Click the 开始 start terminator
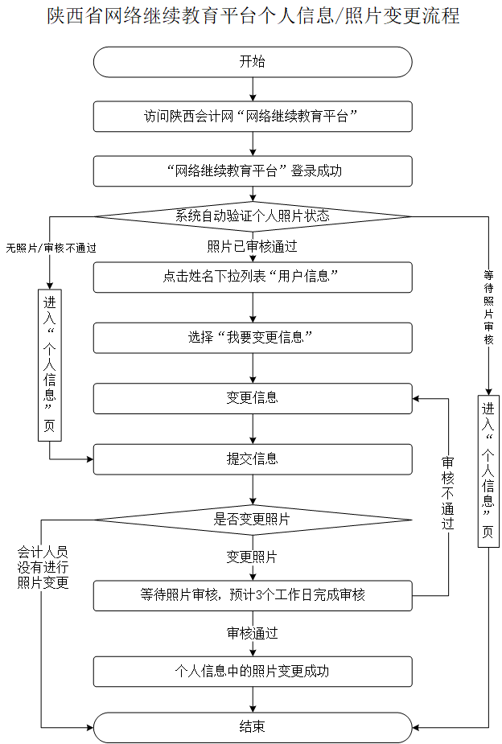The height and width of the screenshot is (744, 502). coord(253,62)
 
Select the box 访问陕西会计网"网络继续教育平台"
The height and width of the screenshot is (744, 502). coord(253,116)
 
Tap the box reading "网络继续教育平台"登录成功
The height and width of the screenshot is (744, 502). coord(253,171)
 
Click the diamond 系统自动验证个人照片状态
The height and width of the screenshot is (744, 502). coord(253,216)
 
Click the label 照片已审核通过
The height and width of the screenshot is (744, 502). coord(252,246)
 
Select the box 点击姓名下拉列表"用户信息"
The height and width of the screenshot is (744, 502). coord(253,277)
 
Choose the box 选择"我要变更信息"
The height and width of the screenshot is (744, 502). coord(253,338)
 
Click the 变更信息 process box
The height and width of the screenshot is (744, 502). coord(253,398)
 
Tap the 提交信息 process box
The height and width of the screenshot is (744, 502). coord(253,459)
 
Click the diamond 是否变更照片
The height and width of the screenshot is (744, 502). coord(253,520)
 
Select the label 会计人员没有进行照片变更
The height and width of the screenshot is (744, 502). coord(43,568)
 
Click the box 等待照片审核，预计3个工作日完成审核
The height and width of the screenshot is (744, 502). coord(253,595)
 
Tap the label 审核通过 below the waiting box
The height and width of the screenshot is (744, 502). coord(252,633)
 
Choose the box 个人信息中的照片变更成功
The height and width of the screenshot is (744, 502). coord(253,671)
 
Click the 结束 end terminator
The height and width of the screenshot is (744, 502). coord(253,726)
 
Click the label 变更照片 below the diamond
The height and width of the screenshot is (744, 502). coord(252,557)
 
